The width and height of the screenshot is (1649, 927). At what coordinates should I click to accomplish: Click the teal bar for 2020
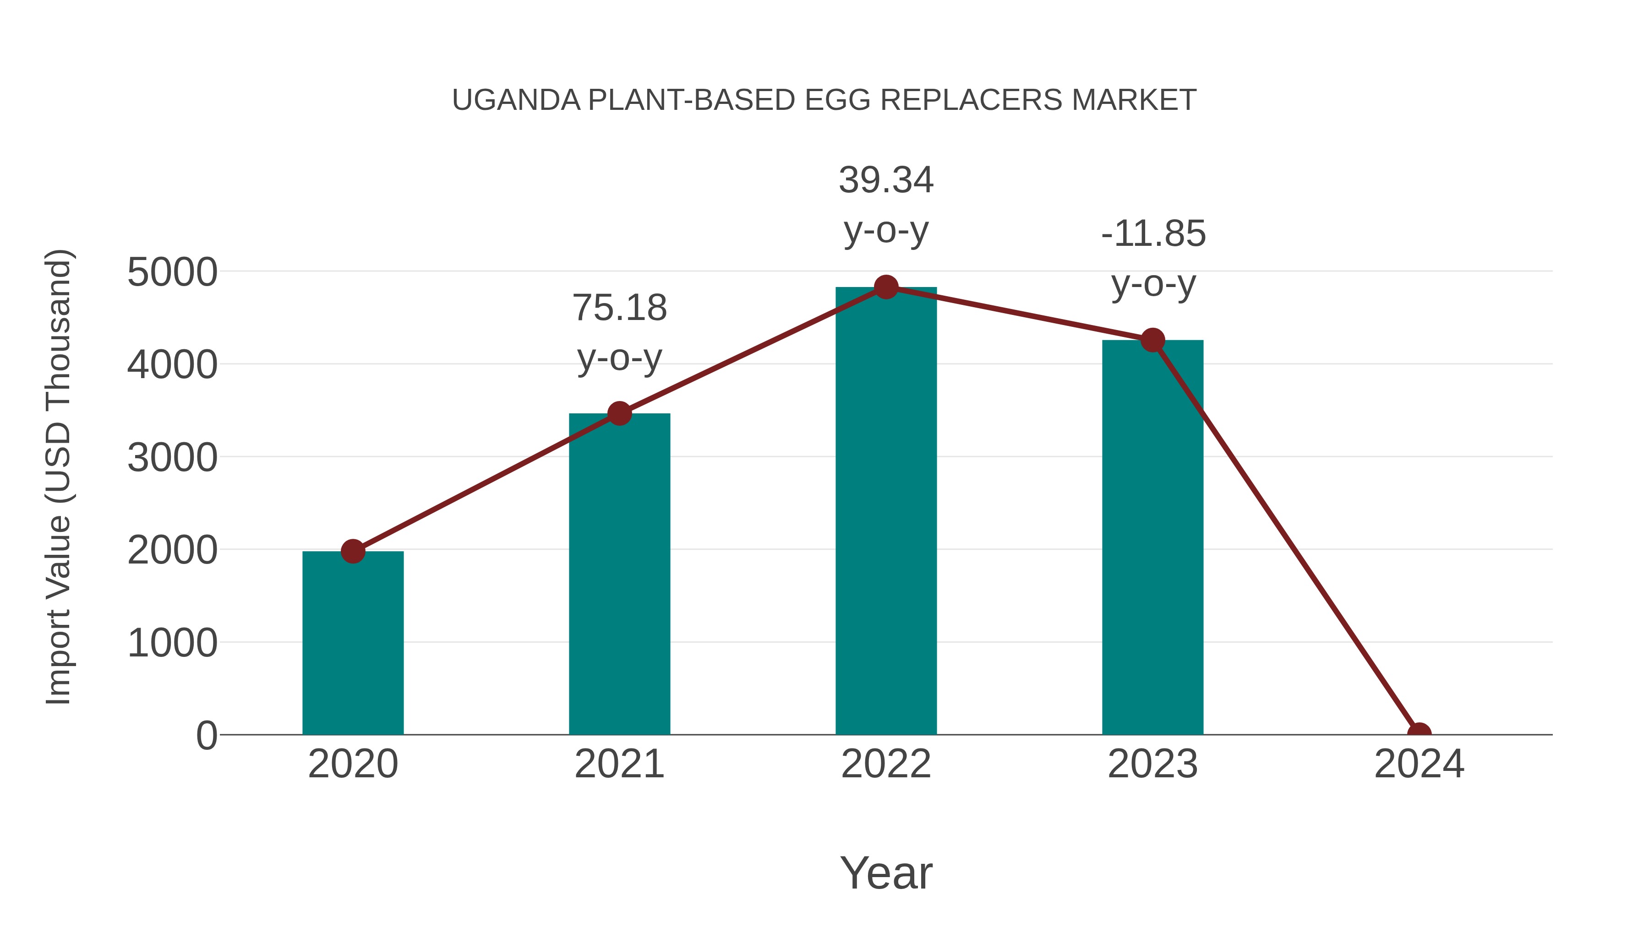pos(353,643)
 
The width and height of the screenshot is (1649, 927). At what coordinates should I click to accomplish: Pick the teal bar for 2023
pos(1152,537)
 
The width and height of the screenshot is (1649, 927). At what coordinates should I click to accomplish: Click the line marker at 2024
pos(1419,733)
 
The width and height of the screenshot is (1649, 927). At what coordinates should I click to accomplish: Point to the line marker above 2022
pos(886,287)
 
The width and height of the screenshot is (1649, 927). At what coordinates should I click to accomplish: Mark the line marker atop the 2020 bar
pos(353,551)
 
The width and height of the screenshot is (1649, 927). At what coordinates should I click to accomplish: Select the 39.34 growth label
pos(886,180)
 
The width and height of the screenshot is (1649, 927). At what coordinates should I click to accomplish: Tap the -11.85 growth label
pos(1153,233)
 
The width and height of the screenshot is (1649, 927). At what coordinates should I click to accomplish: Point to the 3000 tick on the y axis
pos(172,458)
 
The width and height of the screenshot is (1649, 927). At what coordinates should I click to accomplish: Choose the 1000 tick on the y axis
pos(172,643)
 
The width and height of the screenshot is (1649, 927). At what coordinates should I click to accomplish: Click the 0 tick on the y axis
pos(207,736)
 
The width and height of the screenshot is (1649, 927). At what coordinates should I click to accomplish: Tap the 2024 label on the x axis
pos(1419,764)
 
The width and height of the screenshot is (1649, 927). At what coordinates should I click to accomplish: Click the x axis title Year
pos(886,873)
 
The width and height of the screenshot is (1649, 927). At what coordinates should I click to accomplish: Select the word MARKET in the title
pos(1134,100)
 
